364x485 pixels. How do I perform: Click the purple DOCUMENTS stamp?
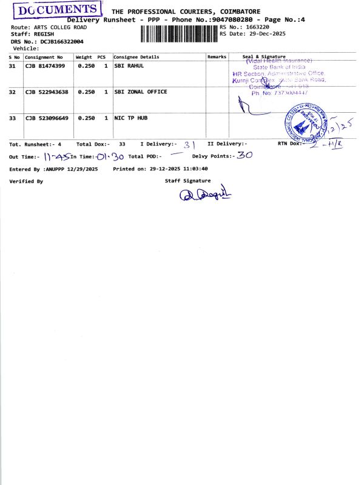[x=58, y=11]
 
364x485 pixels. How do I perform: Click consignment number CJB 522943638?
[x=47, y=92]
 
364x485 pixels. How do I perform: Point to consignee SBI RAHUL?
[x=129, y=65]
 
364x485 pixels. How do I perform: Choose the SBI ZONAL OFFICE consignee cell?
[x=140, y=92]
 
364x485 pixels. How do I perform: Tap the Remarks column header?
[x=217, y=56]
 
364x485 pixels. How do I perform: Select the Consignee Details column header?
[x=136, y=56]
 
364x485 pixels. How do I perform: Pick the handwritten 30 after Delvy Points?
[x=244, y=155]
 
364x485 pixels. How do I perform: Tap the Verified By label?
[x=26, y=181]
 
